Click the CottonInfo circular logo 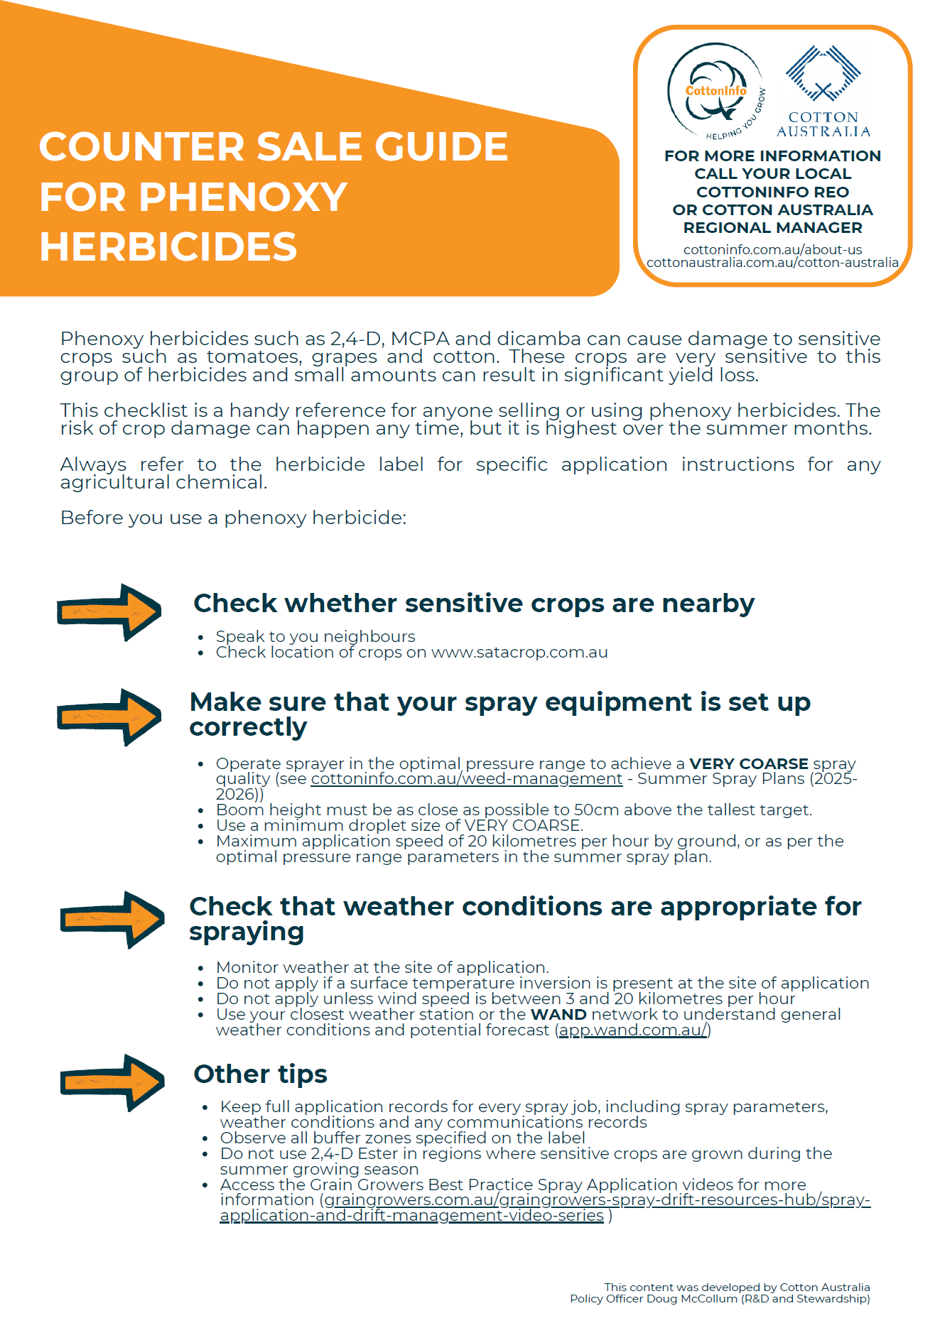[715, 91]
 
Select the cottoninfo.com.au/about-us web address [772, 250]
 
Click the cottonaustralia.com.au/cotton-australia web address [772, 263]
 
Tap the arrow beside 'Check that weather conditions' [112, 919]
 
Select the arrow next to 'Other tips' [112, 1082]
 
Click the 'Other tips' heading [260, 1074]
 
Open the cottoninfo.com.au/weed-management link [466, 779]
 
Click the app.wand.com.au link [633, 1030]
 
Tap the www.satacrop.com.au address [519, 653]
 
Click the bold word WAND [558, 1015]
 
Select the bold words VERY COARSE [749, 763]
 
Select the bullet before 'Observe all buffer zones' [205, 1138]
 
